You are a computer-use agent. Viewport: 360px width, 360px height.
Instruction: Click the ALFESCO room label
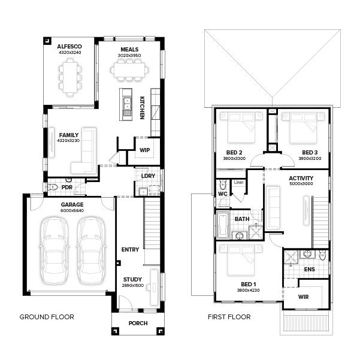(x=69, y=46)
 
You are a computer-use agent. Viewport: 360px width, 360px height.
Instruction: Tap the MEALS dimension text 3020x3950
(x=129, y=55)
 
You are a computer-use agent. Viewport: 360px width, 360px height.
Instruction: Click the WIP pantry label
(x=144, y=150)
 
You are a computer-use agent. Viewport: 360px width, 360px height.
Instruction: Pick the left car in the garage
(x=54, y=251)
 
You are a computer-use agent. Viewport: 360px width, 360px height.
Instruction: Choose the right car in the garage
(x=92, y=251)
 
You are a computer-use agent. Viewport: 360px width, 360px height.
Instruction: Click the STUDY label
(x=132, y=279)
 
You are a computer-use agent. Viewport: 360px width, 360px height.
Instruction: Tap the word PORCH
(x=138, y=323)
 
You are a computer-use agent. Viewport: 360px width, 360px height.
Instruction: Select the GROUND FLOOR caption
(x=47, y=317)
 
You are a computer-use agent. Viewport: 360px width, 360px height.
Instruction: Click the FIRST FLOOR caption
(x=229, y=317)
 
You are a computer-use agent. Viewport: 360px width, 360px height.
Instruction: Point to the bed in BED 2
(x=241, y=128)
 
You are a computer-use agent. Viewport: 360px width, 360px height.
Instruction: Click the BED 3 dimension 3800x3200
(x=310, y=158)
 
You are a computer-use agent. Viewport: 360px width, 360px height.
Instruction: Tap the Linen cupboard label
(x=238, y=182)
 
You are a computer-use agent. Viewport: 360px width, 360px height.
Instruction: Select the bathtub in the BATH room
(x=223, y=225)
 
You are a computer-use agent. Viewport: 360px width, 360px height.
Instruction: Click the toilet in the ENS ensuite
(x=323, y=255)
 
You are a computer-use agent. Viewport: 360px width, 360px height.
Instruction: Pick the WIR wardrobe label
(x=303, y=297)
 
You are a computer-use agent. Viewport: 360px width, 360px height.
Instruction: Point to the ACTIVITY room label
(x=301, y=178)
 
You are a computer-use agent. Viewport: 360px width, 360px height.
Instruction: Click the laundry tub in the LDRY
(x=143, y=192)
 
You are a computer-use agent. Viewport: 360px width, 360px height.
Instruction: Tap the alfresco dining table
(x=70, y=77)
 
